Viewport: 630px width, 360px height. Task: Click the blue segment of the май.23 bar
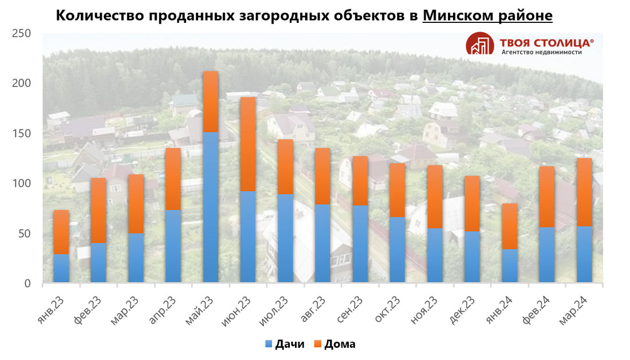pos(211,207)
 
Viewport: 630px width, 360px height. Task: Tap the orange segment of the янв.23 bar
pos(61,232)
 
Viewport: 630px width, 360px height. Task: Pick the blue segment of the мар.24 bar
pos(584,254)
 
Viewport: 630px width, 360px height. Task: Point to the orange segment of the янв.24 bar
pos(510,226)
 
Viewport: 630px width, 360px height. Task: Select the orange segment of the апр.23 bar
pos(173,179)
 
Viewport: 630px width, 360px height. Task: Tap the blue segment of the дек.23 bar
pos(472,256)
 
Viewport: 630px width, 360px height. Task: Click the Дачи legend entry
pos(284,344)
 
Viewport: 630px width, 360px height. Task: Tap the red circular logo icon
pos(480,43)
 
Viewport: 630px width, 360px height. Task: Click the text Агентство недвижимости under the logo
pos(541,52)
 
